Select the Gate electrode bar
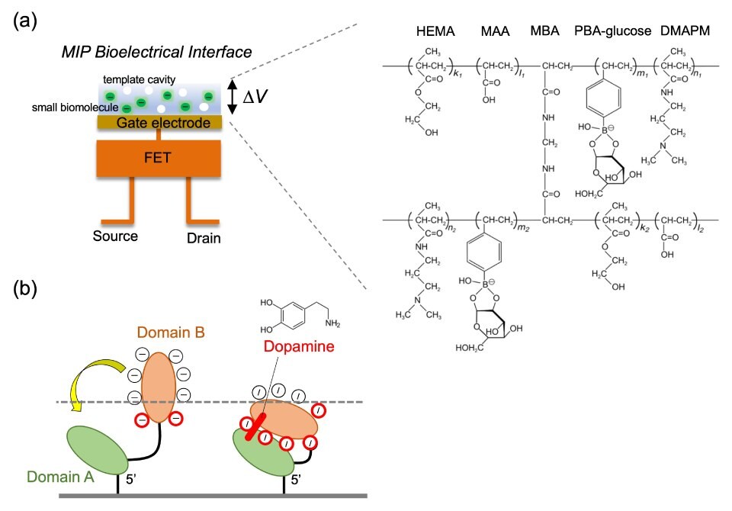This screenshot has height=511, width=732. click(x=158, y=122)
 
